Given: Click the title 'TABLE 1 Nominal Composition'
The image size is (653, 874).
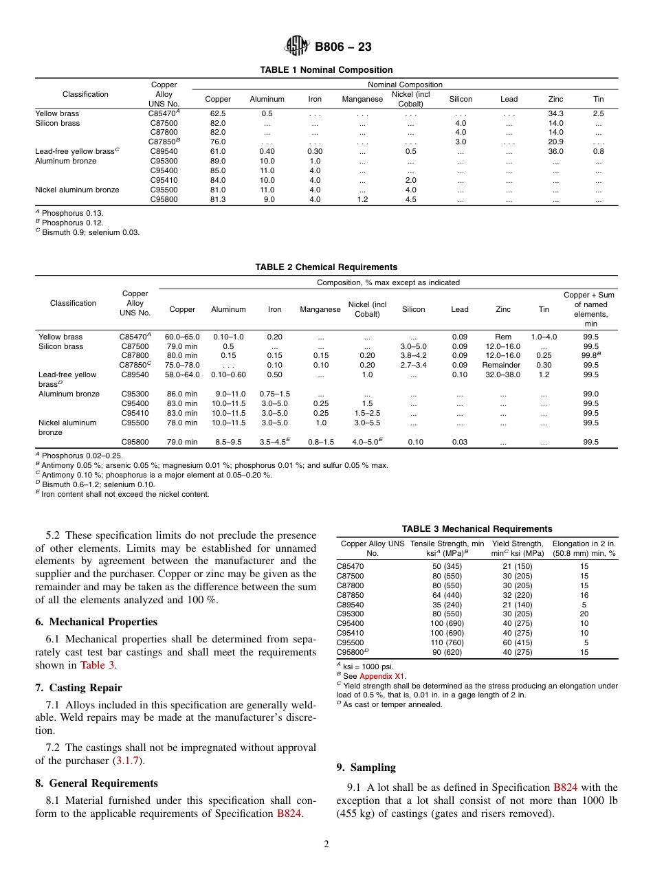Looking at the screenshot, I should [326, 69].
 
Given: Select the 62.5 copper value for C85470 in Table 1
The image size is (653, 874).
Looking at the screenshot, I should [218, 113].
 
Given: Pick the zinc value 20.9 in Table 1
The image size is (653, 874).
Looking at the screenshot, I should [555, 142].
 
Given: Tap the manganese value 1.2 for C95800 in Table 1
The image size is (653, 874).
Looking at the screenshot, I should [362, 199].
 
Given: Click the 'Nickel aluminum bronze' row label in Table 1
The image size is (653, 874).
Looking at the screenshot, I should [77, 190].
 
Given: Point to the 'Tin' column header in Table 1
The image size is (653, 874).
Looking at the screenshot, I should [598, 99].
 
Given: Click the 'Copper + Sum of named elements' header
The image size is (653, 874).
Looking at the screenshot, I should [590, 309].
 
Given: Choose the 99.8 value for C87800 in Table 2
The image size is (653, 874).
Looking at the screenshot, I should [590, 355].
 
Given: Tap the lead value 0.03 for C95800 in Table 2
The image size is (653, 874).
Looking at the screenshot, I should [460, 442].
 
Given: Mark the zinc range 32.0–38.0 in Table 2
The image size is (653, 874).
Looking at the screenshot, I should [502, 374].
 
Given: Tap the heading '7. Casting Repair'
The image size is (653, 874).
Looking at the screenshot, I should [78, 687].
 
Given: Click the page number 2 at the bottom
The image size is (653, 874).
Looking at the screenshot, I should [326, 844].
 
